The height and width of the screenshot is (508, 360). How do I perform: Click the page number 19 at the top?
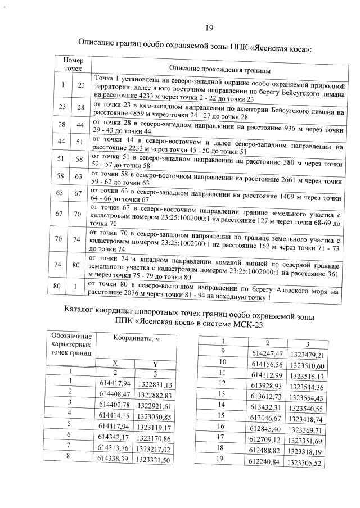coord(209,28)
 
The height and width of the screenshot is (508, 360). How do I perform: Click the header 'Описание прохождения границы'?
coord(219,70)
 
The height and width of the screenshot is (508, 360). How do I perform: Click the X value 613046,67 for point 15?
coord(268,419)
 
